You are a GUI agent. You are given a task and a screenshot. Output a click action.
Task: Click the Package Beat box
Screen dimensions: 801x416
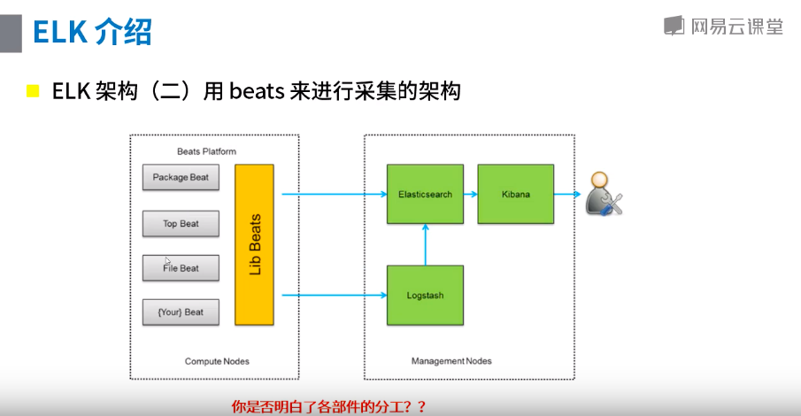(181, 177)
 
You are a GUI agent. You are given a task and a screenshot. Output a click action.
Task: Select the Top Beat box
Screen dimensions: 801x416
(181, 224)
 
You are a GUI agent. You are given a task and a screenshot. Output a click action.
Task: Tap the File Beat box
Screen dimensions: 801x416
(181, 268)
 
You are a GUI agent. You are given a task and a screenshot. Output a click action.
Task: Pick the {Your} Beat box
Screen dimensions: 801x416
(181, 312)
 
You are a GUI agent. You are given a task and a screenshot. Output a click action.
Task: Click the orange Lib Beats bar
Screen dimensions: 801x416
(255, 243)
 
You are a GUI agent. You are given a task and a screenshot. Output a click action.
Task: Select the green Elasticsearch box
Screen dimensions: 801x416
(425, 194)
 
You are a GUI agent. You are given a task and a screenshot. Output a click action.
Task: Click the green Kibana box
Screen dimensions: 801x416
(515, 194)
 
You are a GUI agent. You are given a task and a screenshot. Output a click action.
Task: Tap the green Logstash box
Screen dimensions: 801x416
(425, 295)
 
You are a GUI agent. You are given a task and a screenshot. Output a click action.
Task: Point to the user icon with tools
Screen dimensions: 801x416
(604, 194)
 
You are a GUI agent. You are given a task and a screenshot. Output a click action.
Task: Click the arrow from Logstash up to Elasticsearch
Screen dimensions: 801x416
(426, 244)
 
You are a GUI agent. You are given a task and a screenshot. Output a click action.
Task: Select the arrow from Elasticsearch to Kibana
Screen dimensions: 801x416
(470, 194)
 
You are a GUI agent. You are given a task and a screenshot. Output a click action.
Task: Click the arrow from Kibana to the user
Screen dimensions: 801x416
(567, 194)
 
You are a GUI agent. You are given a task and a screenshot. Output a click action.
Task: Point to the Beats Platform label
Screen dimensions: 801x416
(206, 151)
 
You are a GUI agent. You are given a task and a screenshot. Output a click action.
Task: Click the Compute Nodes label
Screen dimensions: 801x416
(217, 361)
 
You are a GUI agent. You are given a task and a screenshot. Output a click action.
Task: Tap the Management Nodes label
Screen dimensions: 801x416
(451, 361)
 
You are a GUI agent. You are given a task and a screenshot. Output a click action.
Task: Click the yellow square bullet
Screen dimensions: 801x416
(34, 91)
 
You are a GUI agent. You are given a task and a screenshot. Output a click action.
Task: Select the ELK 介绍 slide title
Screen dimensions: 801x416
(92, 32)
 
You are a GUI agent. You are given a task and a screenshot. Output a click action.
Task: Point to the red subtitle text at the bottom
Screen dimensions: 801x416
(328, 407)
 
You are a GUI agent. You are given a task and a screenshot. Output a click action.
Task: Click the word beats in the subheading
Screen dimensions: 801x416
(257, 91)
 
